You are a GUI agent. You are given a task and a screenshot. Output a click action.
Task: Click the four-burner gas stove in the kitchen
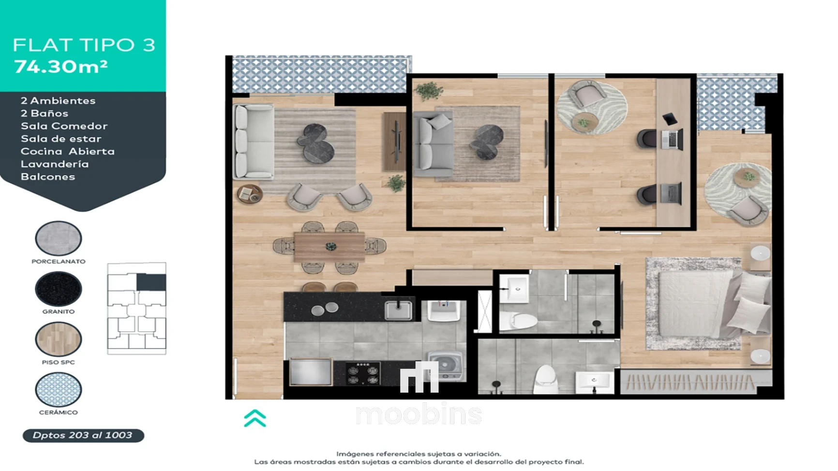coord(363,374)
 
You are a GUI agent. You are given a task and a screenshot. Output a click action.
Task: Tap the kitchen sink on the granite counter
coord(399,310)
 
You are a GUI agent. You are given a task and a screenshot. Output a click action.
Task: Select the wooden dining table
coord(329,247)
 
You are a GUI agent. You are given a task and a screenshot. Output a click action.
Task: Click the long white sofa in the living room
coord(253,142)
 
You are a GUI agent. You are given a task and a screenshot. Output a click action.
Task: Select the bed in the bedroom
coord(709,303)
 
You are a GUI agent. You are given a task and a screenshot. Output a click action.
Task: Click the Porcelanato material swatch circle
coord(59,238)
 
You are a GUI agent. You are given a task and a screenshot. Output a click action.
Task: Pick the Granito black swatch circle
coord(59,289)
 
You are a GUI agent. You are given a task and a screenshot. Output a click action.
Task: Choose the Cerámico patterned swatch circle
coord(59,389)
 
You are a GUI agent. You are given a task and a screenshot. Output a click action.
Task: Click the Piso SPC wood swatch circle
coord(59,339)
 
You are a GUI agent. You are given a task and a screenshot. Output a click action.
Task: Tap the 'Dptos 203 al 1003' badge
coord(83,435)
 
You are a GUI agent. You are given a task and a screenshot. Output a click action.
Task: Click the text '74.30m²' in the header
coord(61,66)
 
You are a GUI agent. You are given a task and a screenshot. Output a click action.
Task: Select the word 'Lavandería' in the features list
coord(55,164)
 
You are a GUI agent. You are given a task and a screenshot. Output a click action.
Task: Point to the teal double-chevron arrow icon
coord(255,418)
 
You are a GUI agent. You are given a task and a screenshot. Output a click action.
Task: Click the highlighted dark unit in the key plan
coord(151,282)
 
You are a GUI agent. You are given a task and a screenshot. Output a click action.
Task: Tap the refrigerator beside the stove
coord(311,371)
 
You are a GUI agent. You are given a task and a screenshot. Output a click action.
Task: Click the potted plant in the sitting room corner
coord(429,90)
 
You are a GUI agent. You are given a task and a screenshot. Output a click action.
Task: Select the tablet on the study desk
coord(670,118)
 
